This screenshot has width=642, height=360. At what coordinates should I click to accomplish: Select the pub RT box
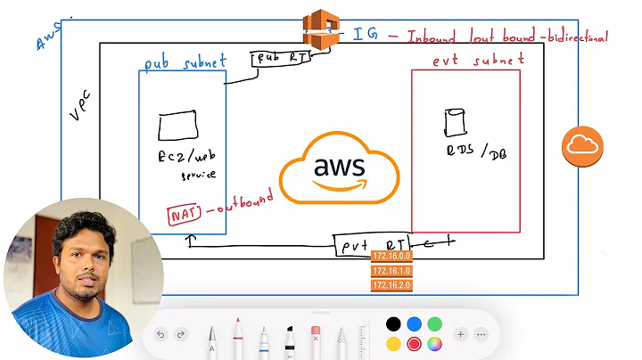(x=281, y=60)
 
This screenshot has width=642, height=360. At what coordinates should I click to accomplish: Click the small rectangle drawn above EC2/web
(x=178, y=127)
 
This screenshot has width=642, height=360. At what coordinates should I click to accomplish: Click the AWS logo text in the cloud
(x=338, y=167)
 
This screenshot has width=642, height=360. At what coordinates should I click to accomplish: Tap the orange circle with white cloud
(x=582, y=146)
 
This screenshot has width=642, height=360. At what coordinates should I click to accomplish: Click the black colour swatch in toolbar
(x=393, y=323)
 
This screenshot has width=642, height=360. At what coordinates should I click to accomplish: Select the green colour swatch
(x=434, y=323)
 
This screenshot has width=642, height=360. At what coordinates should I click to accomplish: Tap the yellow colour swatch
(x=393, y=344)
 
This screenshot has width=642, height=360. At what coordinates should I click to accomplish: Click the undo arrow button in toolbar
(x=160, y=334)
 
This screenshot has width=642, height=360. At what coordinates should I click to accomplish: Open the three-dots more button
(x=482, y=334)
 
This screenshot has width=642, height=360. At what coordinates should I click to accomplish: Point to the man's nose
(x=83, y=265)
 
